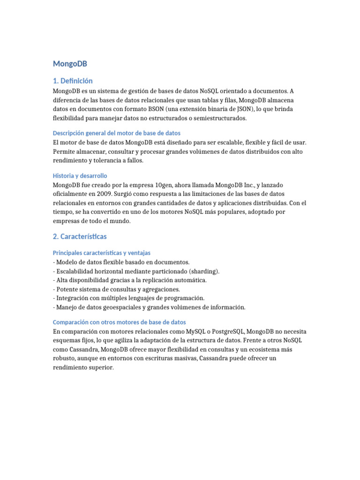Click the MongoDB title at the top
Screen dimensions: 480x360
coord(70,63)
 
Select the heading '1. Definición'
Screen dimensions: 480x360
coord(73,81)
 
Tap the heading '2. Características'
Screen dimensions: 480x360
coord(80,236)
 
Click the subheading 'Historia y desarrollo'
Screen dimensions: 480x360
coord(80,175)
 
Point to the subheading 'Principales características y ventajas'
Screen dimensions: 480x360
coord(102,253)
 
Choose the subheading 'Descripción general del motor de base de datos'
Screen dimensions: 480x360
coord(117,133)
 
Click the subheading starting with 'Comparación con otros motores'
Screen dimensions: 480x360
coord(120,322)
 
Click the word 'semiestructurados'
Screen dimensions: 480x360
coord(217,118)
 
